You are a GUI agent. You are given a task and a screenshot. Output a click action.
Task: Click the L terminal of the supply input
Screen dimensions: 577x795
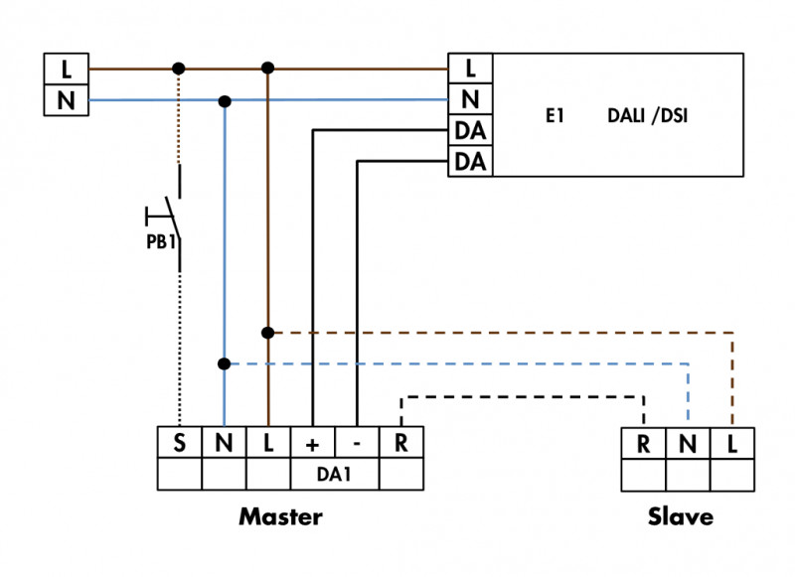[x=67, y=70]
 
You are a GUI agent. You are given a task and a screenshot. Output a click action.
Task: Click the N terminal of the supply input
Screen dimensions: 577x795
[x=67, y=100]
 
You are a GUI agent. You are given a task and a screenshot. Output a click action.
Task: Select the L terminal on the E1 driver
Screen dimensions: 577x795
[x=470, y=70]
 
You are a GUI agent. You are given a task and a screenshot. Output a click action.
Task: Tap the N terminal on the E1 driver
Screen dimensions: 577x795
[x=470, y=99]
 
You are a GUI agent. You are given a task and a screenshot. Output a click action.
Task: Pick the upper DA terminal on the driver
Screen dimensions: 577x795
[x=470, y=130]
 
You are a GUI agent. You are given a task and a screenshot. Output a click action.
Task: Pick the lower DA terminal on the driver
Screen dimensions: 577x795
[x=470, y=161]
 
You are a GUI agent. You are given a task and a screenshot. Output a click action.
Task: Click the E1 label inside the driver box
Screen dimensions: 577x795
[x=555, y=116]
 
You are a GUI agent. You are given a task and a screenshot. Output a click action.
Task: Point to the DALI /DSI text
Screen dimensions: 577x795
[x=647, y=116]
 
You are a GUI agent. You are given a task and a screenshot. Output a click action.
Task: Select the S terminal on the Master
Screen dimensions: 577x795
[x=180, y=443]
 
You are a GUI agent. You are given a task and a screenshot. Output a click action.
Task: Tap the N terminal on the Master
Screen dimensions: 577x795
[x=224, y=443]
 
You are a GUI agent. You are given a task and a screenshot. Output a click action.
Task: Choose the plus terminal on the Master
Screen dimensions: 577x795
[x=312, y=443]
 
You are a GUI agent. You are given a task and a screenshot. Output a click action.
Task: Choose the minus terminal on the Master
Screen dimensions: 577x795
[x=357, y=443]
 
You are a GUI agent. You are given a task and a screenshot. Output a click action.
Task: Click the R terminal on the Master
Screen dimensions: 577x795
[x=400, y=443]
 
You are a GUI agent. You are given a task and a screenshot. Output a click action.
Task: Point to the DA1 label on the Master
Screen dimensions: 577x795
[x=334, y=475]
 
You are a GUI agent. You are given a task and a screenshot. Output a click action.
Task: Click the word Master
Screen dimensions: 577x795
[x=280, y=517]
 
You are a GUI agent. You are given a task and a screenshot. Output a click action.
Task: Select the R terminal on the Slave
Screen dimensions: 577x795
[x=644, y=444]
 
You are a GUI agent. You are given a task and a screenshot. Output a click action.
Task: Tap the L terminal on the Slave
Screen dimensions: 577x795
[x=732, y=444]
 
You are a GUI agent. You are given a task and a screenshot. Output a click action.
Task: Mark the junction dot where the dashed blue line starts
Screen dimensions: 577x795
[x=225, y=364]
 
